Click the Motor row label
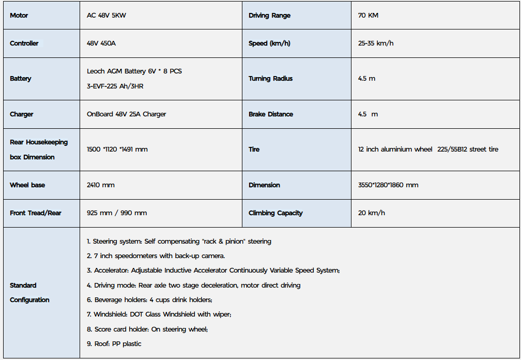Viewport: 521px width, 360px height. (19, 16)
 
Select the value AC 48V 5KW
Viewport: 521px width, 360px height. (106, 16)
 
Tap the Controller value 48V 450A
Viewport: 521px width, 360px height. (101, 43)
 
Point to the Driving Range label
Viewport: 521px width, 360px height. (269, 16)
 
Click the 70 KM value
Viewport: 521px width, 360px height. (368, 16)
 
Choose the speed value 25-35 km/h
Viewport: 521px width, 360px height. (376, 43)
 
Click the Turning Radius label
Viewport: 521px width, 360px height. (270, 79)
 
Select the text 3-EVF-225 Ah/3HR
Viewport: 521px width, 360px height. (115, 86)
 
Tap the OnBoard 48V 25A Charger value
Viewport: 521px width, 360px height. (127, 114)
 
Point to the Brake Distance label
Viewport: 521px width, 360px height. (270, 114)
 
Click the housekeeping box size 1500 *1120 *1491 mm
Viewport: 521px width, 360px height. (117, 149)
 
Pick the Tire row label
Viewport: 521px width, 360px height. (254, 149)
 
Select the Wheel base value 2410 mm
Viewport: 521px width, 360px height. (101, 185)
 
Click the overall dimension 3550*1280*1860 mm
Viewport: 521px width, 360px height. (388, 185)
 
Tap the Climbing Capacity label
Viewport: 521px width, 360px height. (275, 213)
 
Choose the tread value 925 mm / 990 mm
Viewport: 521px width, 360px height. (117, 213)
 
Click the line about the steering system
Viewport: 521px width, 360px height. (179, 242)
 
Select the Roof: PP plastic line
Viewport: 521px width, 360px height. (114, 344)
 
